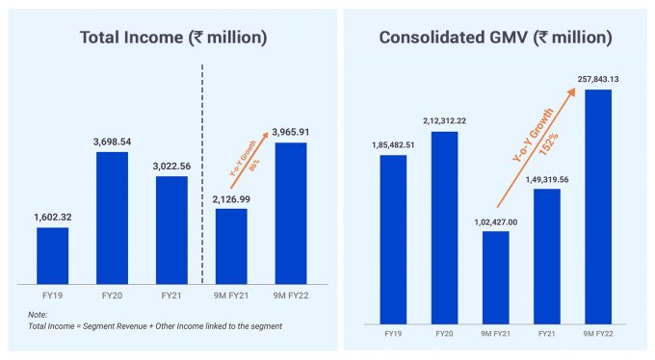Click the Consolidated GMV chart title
pos(495,38)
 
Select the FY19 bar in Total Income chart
pos(52,255)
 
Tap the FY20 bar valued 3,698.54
pos(112,218)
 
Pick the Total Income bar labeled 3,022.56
pos(171,230)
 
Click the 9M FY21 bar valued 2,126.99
pos(230,246)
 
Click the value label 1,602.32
pos(52,218)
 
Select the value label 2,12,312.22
pos(443,120)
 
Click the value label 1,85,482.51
pos(392,144)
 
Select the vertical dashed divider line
pos(201,173)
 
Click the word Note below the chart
pos(37,315)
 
